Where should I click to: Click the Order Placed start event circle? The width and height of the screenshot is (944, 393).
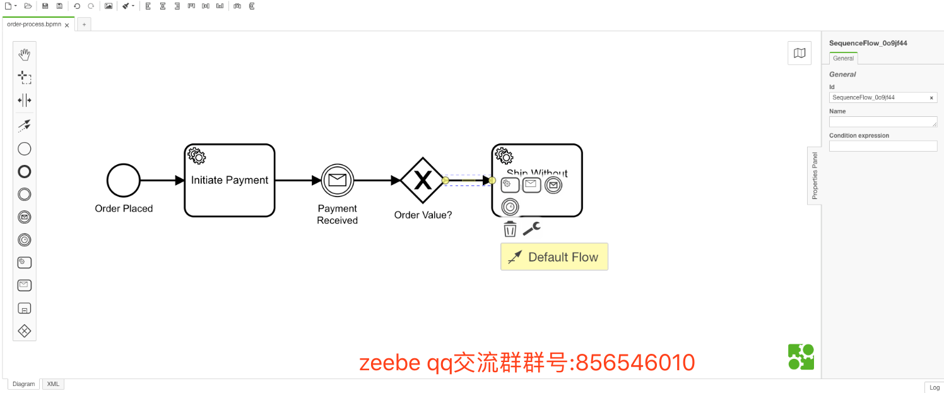tap(124, 180)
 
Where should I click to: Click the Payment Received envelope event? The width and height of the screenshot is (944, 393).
tap(338, 180)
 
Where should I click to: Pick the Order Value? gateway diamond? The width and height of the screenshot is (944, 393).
tap(422, 181)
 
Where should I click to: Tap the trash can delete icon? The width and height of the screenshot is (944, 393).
tap(510, 229)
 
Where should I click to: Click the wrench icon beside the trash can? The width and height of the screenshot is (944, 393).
tap(531, 229)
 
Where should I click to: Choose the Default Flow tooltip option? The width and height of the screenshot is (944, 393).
tap(554, 257)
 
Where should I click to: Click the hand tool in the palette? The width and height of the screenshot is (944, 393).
tap(25, 55)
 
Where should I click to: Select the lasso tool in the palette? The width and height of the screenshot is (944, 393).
tap(25, 78)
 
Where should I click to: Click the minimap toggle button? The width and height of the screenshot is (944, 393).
tap(799, 53)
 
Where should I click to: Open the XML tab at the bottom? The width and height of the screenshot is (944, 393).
tap(53, 384)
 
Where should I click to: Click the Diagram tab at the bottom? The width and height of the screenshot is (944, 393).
tap(24, 384)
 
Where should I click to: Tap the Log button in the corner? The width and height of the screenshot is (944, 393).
tap(934, 387)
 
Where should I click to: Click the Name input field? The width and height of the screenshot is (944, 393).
tap(882, 122)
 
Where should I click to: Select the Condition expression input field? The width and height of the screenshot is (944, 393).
tap(883, 146)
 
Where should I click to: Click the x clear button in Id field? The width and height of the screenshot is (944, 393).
tap(931, 98)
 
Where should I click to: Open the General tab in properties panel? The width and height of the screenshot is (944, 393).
tap(843, 58)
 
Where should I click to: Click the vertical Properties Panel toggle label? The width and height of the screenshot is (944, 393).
tap(815, 176)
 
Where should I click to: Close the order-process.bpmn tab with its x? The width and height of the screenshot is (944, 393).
tap(67, 25)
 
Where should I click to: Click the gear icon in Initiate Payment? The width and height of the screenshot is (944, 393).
tap(197, 155)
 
